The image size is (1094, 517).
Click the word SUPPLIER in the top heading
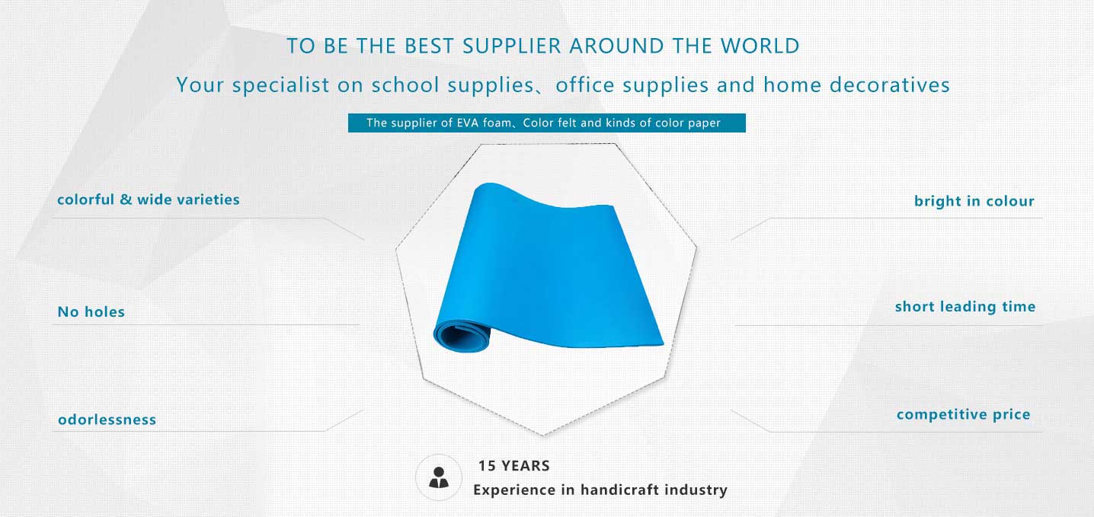coord(512,46)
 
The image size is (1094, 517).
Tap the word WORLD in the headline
coord(760,46)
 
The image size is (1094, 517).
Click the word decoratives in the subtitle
coord(890,85)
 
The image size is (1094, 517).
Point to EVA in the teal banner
coord(467,123)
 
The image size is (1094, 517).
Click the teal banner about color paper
coord(546,123)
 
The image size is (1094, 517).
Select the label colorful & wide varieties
coord(149,199)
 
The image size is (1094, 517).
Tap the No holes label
coord(91,312)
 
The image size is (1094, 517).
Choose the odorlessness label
coord(107,420)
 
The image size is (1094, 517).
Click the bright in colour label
coord(974,201)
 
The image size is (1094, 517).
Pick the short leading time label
coord(965,307)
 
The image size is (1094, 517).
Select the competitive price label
coord(963,414)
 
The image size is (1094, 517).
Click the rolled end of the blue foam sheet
coord(462,335)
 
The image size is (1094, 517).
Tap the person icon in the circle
coord(439,477)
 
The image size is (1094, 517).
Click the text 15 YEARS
coord(513,466)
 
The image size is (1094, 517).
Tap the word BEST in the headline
coord(430,46)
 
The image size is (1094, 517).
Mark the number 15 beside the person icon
coord(487,466)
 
